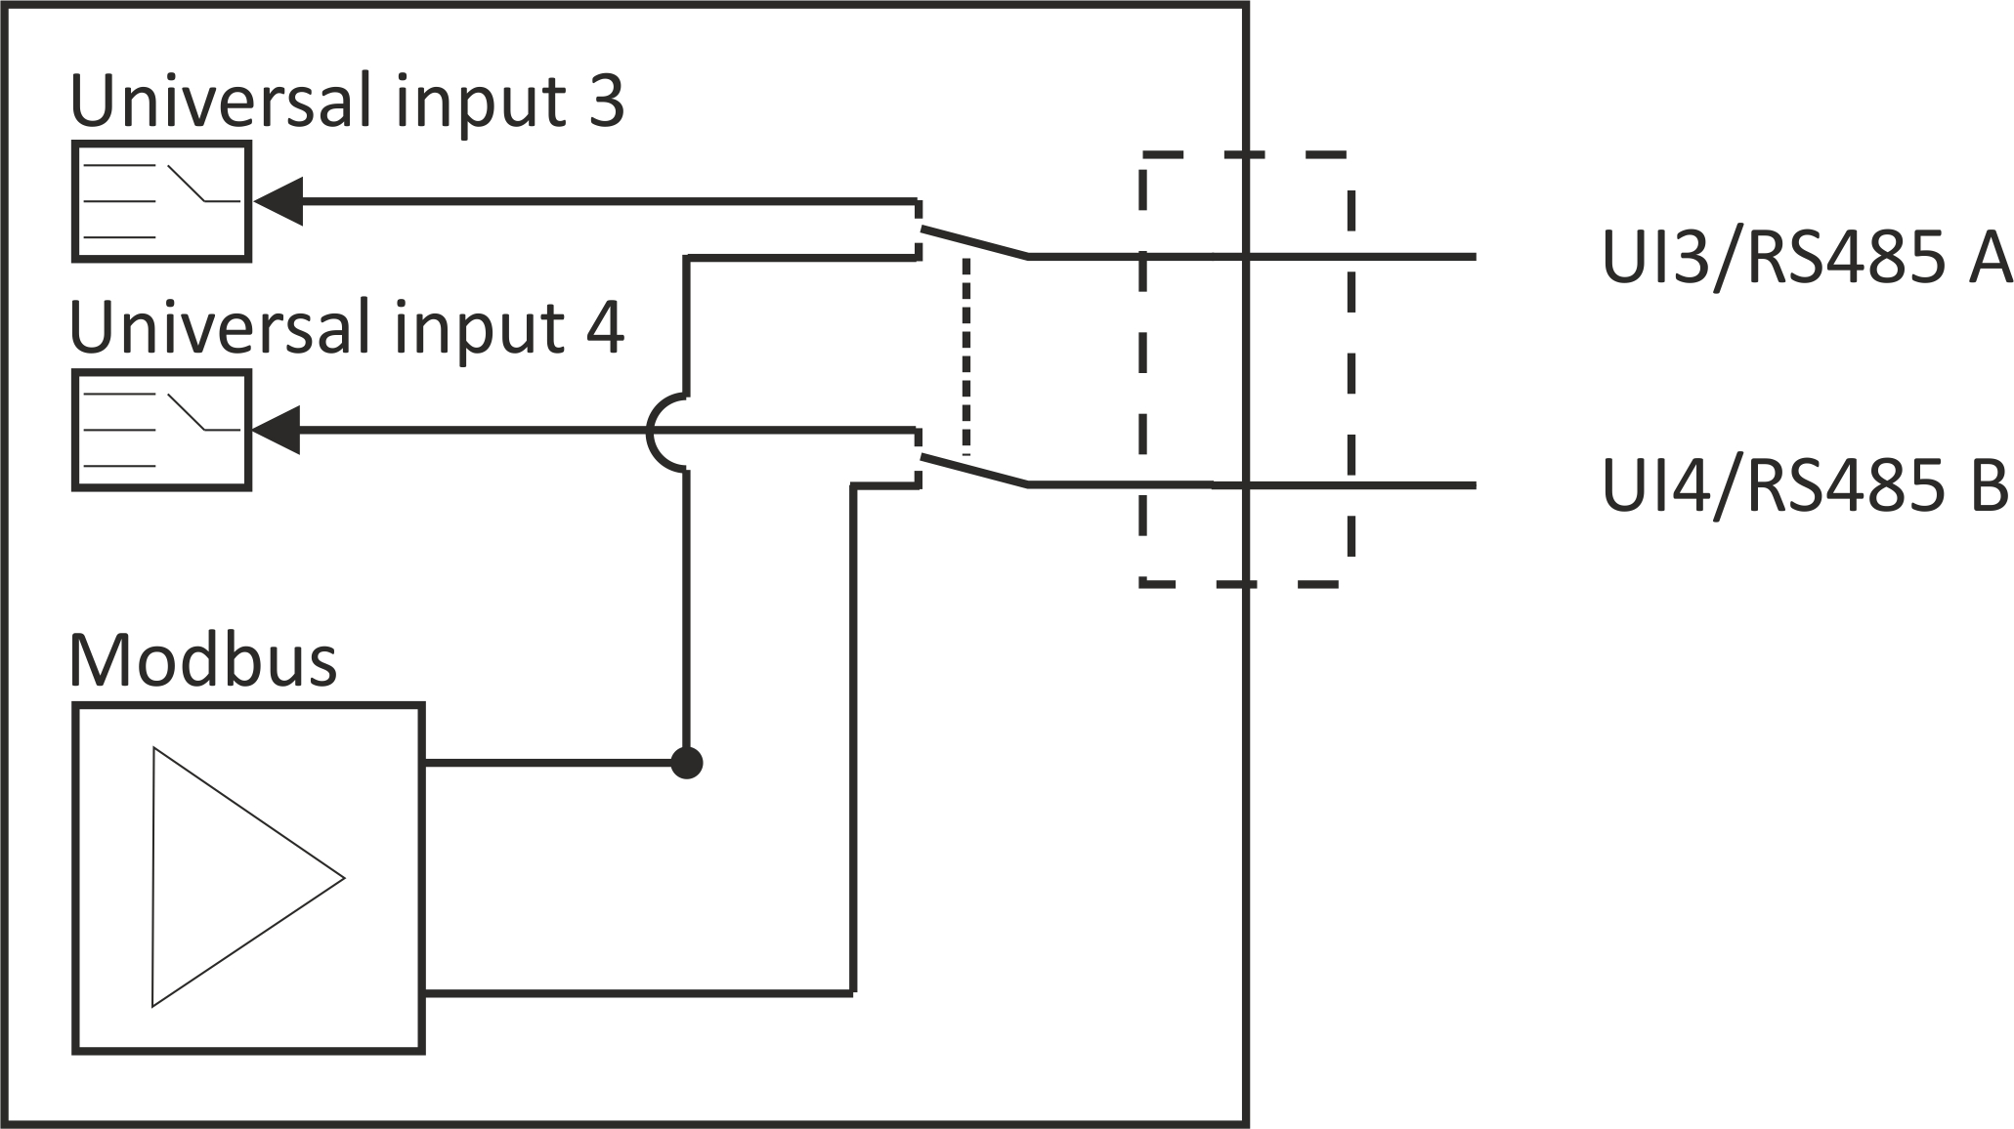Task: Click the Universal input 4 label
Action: point(347,329)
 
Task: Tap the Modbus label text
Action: point(203,662)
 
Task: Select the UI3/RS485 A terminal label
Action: point(1806,258)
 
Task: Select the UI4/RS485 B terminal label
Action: point(1804,485)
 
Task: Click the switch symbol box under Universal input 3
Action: point(162,201)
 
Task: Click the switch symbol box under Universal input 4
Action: point(162,430)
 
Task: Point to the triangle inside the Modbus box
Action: point(248,877)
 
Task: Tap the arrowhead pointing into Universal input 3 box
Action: point(279,201)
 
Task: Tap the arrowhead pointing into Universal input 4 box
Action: point(277,430)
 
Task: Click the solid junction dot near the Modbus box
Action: point(687,762)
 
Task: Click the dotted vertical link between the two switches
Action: point(966,356)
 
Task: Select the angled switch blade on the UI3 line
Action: point(975,243)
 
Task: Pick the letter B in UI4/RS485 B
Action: point(1988,485)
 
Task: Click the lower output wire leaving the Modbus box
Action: point(639,992)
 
